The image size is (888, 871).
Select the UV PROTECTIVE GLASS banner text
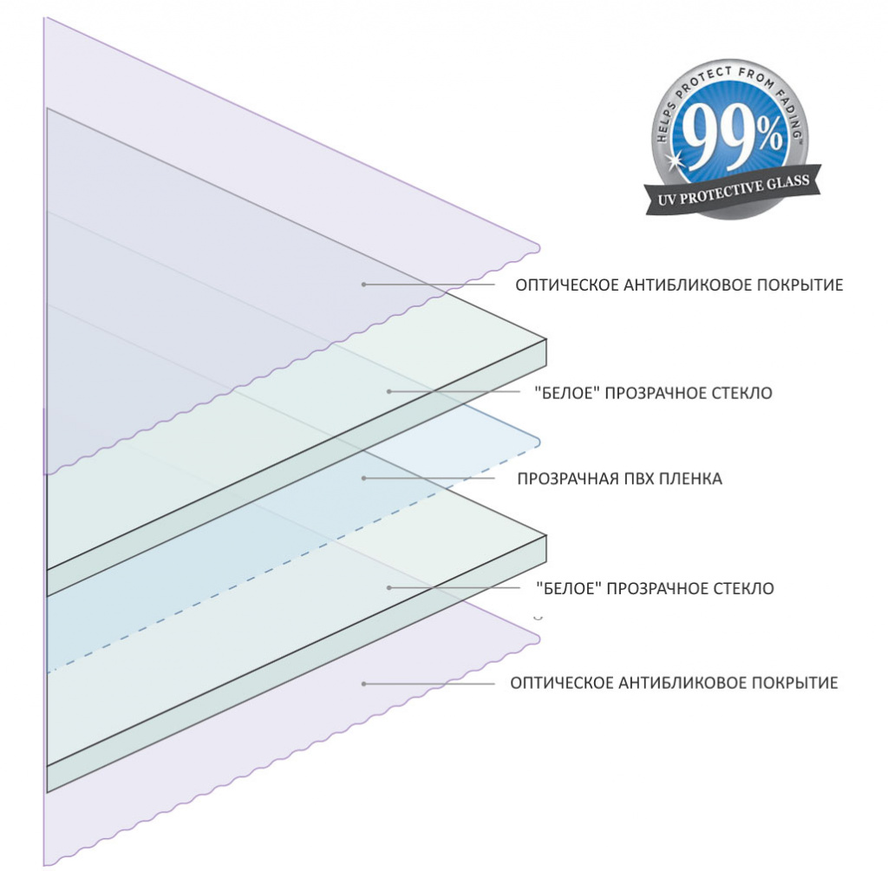[734, 189]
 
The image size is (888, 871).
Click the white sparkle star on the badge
[675, 160]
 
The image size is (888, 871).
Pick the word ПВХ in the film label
[643, 479]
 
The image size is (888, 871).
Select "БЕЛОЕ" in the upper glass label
[567, 393]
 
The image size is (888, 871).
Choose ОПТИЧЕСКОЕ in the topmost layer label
[567, 285]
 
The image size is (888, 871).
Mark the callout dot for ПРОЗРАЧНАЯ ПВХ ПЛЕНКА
[363, 478]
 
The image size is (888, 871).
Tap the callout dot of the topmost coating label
[363, 284]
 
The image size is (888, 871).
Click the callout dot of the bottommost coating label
[363, 684]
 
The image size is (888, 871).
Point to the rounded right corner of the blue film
[537, 442]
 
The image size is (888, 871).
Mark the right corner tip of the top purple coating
[539, 247]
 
